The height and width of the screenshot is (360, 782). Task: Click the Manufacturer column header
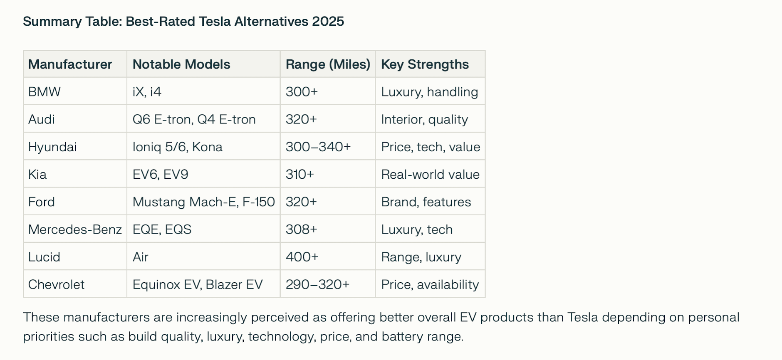coord(70,64)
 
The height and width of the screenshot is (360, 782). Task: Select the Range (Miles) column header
coord(328,64)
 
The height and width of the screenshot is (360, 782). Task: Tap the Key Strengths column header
coord(425,64)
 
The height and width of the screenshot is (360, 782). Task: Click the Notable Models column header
coord(181,64)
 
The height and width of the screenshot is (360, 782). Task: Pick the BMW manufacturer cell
coord(45,92)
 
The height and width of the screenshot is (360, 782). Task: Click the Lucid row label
coord(44,257)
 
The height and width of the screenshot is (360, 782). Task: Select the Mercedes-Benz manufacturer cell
coord(75,229)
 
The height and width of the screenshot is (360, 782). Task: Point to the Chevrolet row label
coord(56,284)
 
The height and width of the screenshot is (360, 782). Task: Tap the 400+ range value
coord(302,257)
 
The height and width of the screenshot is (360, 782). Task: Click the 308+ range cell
coord(301,229)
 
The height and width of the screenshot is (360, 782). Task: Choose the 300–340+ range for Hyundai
coord(318,147)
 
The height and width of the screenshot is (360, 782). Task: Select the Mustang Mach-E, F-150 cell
coord(203,202)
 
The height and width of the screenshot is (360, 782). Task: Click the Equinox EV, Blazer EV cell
coord(198,284)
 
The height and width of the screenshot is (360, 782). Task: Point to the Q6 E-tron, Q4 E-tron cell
coord(194,119)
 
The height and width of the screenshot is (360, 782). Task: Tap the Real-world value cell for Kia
coord(430,174)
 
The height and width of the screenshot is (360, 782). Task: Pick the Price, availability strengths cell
coord(430,284)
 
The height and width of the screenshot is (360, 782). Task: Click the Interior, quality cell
coord(424,119)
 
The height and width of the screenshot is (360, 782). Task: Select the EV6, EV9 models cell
coord(160,174)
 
